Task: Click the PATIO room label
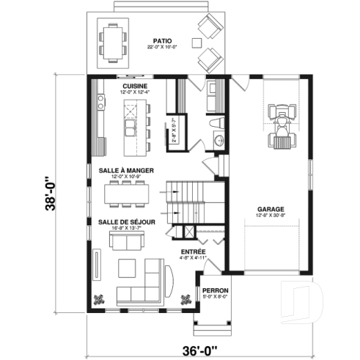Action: [162, 41]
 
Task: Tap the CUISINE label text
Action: [136, 85]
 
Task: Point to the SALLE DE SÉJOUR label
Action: [125, 221]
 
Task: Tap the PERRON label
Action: [215, 290]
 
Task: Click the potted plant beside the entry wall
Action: [187, 296]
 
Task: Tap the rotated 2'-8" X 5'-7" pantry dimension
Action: [175, 131]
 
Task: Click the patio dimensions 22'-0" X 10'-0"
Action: [162, 48]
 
